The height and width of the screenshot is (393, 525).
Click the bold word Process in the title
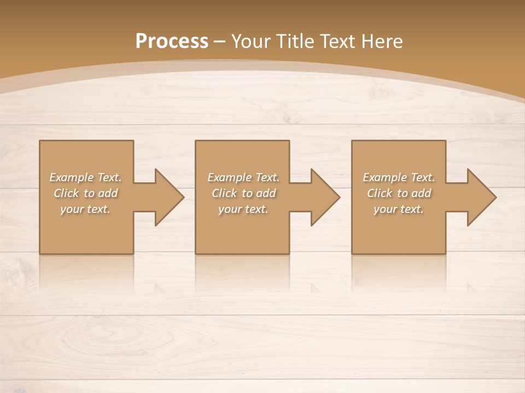coord(172,41)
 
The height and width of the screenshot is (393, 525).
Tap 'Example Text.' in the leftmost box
coord(85,177)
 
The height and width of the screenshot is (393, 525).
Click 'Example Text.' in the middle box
coord(243,177)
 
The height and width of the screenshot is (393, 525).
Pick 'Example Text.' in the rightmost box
coord(399,177)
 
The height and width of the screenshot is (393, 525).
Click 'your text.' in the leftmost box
coord(85,209)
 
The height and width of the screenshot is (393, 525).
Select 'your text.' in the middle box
coord(243,209)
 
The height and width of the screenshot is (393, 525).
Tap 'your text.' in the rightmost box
coord(399,209)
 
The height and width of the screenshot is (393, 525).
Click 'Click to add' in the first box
coord(85,193)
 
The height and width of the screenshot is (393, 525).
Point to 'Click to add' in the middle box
coord(243,193)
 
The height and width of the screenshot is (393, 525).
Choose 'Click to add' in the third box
coord(399,193)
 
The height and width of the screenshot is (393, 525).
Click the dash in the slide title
coord(220,42)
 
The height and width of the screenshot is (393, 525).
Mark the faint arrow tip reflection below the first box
coord(159,287)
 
